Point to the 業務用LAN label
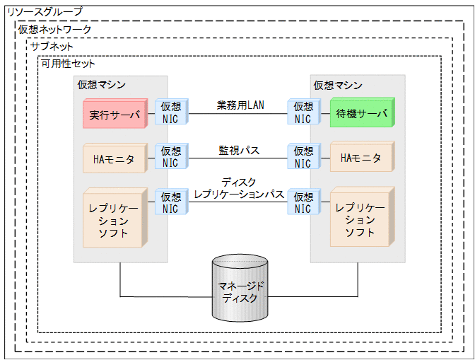[240, 105]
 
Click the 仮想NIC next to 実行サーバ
[170, 112]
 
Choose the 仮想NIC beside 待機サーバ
[303, 112]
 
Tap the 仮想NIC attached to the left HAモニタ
[170, 157]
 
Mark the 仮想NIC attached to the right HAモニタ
[303, 157]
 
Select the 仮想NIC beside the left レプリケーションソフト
[170, 202]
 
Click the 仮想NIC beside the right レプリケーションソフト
[303, 202]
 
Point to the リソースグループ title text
[44, 12]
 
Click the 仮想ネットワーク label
[54, 29]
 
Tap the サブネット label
[52, 46]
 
